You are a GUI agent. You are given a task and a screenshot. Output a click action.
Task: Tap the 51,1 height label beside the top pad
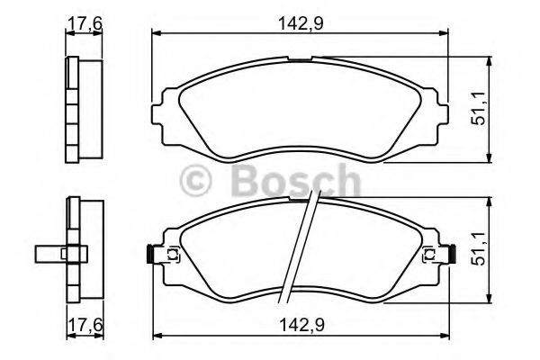click(x=481, y=107)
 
